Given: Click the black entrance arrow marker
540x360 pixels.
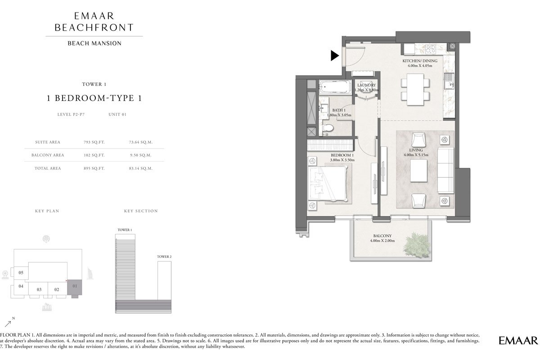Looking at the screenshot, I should click(x=334, y=55).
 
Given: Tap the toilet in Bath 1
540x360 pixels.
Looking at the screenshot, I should click(x=328, y=129).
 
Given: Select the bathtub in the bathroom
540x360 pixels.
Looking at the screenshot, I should click(x=334, y=87).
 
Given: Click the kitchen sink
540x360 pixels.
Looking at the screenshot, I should click(x=449, y=82).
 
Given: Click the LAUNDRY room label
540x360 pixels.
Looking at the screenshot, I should click(x=366, y=85).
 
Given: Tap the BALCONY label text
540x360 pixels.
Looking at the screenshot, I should click(x=382, y=236).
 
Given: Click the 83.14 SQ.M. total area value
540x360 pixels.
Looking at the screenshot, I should click(x=140, y=168).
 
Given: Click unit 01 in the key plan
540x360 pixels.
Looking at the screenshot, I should click(x=75, y=286).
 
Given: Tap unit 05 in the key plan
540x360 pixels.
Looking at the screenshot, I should click(x=21, y=273).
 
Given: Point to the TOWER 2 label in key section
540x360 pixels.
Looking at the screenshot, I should click(x=164, y=256).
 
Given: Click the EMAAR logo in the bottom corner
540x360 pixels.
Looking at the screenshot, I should click(x=518, y=340).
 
